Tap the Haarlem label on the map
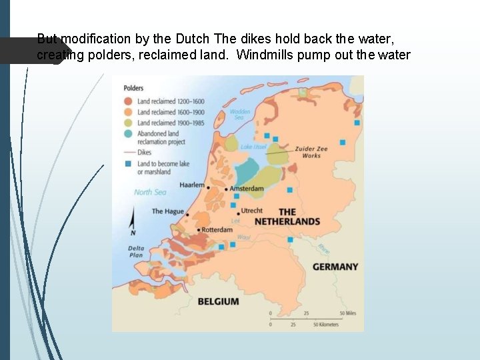pos(192,185)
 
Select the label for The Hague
pos(167,211)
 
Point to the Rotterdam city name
pos(217,230)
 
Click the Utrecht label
pos(252,211)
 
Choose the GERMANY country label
pos(335,267)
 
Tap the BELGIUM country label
pos(218,301)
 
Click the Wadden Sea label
pos(240,115)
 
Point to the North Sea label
pos(150,192)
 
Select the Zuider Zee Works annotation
pos(307,152)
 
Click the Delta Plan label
pos(136,251)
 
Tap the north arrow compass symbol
pos(133,221)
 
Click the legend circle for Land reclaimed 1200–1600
pos(128,101)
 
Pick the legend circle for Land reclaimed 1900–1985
pos(128,123)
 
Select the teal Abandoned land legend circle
pos(128,133)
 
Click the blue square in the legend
pos(128,164)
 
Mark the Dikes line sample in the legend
pos(128,153)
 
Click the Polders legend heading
pos(134,88)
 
